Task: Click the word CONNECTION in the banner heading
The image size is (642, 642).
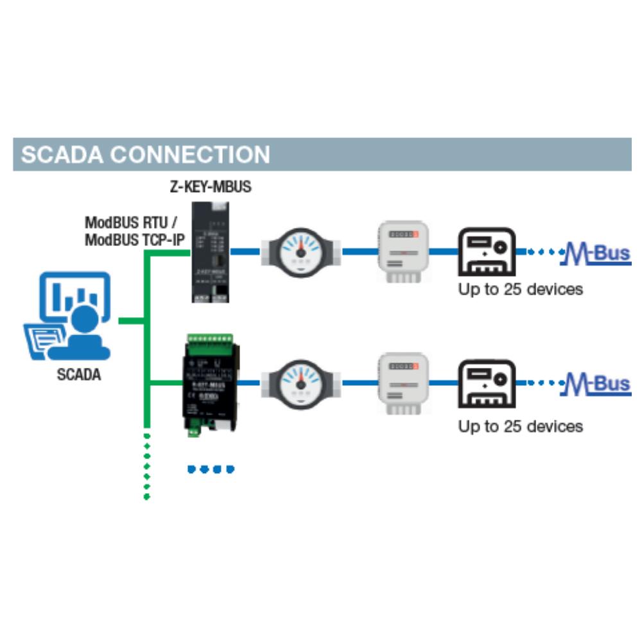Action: (190, 155)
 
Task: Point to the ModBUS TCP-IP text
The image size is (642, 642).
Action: (133, 240)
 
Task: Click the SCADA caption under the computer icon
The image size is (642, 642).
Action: (79, 375)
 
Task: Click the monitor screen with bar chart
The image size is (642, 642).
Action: (75, 295)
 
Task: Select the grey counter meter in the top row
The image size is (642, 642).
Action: (403, 252)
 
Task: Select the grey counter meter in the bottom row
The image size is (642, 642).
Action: (403, 384)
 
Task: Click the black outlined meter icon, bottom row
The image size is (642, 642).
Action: (486, 384)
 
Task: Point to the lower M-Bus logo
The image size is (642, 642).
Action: (596, 385)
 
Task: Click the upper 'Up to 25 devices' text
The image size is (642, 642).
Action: (520, 289)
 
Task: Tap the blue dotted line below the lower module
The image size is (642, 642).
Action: (211, 469)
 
